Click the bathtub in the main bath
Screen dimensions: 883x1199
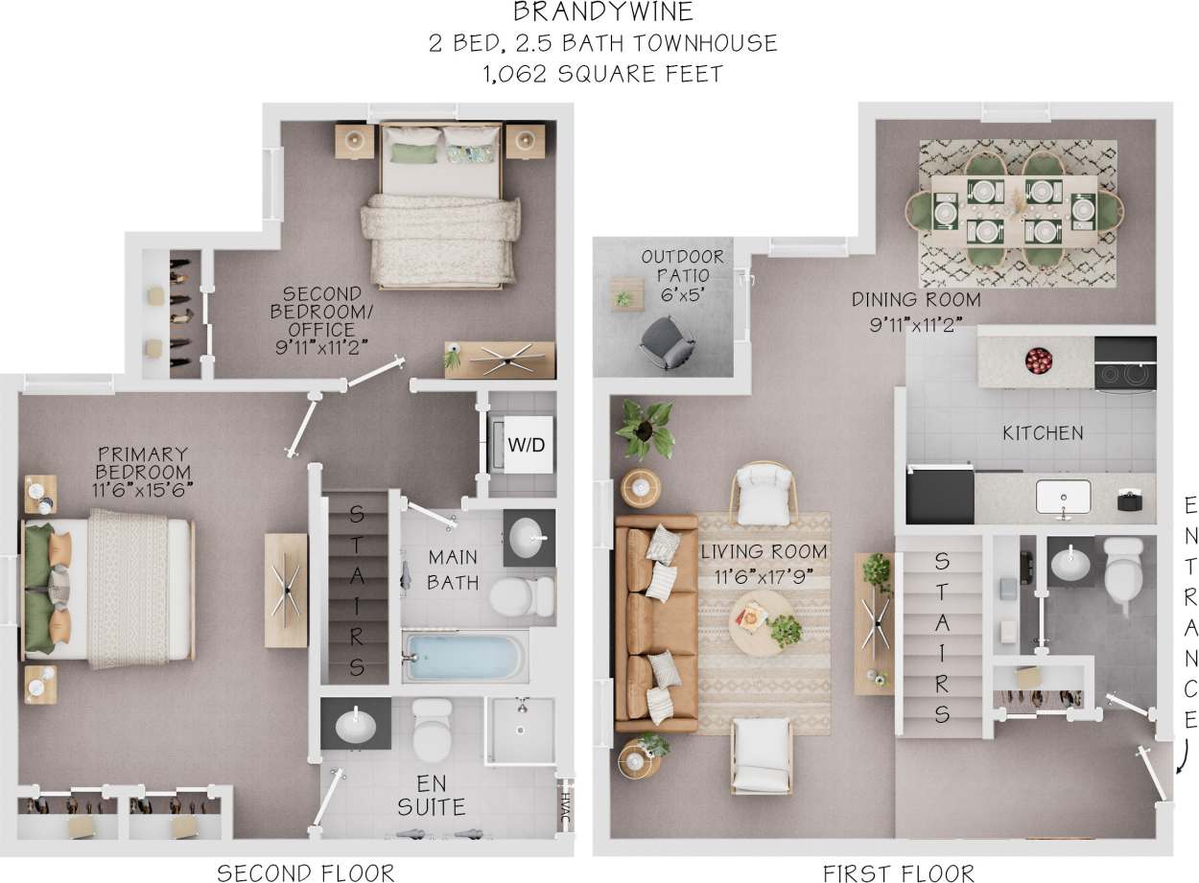pyautogui.click(x=463, y=656)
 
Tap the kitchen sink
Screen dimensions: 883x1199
pyautogui.click(x=1063, y=497)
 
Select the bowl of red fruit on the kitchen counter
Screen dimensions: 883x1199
pyautogui.click(x=1038, y=360)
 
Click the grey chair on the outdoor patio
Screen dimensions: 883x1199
pyautogui.click(x=667, y=342)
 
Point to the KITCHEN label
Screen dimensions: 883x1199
pyautogui.click(x=1043, y=433)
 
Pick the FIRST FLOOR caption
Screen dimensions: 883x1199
pyautogui.click(x=899, y=872)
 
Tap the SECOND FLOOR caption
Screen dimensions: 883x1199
pyautogui.click(x=306, y=872)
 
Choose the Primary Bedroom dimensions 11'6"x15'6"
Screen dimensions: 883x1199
pyautogui.click(x=143, y=488)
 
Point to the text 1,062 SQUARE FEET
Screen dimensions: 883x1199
pyautogui.click(x=603, y=74)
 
